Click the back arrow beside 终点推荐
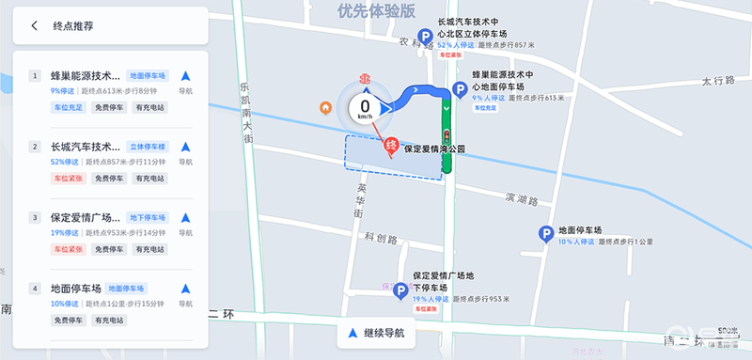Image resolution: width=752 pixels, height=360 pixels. tap(35, 25)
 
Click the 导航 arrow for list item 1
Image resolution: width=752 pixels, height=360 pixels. tap(185, 76)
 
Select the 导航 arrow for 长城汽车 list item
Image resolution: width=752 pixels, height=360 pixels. tap(185, 147)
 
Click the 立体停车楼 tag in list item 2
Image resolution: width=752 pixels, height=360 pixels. tap(146, 147)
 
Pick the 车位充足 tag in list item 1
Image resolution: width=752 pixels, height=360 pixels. tap(68, 108)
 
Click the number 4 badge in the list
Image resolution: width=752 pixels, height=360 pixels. tap(35, 289)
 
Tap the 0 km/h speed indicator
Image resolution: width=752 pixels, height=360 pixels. tap(365, 110)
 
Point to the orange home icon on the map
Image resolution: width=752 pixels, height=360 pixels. tap(325, 107)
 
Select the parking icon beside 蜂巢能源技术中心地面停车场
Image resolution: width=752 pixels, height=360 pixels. tap(461, 90)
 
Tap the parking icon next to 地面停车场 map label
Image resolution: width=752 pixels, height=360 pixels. tap(544, 235)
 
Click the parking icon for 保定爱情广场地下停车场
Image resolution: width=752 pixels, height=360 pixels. tap(400, 293)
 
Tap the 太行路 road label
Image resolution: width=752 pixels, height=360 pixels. tap(716, 82)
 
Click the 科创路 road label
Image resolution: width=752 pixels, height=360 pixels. tap(383, 238)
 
